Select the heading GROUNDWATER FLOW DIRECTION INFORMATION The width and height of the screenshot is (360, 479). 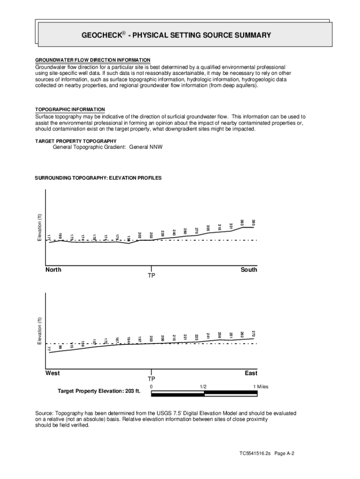(x=93, y=60)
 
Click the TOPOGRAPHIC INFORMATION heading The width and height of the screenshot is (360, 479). (x=70, y=109)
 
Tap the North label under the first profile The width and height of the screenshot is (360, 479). (x=53, y=270)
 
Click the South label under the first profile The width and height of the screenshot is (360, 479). (x=249, y=270)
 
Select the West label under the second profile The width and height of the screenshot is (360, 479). (x=52, y=373)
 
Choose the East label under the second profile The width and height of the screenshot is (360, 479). (x=251, y=373)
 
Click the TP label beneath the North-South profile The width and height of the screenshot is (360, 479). (x=151, y=276)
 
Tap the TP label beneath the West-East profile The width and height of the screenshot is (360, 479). (x=151, y=379)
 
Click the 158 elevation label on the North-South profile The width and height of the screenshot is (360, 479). (x=129, y=239)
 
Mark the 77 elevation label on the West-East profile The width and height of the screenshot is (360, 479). (x=49, y=348)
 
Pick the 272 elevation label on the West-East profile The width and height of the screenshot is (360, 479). (x=253, y=334)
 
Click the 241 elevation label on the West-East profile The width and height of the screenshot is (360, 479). (x=208, y=335)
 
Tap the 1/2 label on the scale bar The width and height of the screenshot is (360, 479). (x=203, y=387)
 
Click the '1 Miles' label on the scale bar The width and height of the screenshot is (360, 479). (x=261, y=387)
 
